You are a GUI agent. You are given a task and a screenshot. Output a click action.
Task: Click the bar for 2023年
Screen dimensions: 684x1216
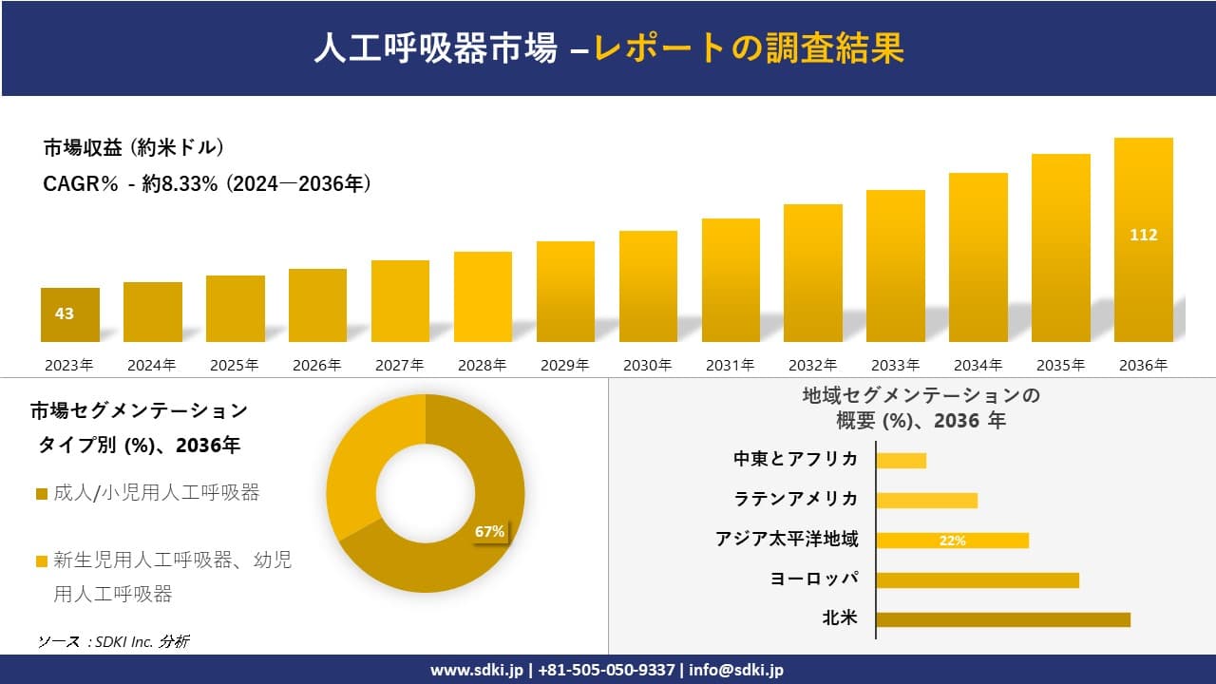[x=69, y=314]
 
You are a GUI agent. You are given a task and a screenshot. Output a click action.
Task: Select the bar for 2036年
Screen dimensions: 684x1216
[x=1143, y=239]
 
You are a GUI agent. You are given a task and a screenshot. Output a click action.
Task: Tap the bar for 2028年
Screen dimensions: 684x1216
[x=483, y=296]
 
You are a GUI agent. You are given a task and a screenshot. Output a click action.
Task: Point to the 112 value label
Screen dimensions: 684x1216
[x=1143, y=235]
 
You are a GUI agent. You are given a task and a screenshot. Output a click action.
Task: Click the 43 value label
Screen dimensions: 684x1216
[x=65, y=313]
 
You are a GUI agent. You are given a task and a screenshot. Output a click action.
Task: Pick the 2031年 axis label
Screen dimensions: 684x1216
[x=730, y=365]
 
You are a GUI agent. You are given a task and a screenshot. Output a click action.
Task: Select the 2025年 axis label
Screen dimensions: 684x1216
[x=235, y=365]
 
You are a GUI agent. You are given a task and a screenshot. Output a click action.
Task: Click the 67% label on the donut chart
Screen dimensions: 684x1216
[x=489, y=532]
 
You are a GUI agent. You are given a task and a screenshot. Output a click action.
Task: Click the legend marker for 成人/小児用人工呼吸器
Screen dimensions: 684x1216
[x=41, y=494]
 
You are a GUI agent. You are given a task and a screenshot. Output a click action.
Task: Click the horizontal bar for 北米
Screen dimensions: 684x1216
[x=1002, y=619]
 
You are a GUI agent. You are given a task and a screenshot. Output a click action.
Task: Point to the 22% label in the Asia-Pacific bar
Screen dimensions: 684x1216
[x=952, y=541]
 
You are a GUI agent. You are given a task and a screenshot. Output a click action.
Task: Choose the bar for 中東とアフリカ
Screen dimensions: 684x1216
[x=901, y=461]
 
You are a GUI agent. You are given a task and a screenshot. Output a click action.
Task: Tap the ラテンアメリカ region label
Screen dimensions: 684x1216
[x=796, y=500]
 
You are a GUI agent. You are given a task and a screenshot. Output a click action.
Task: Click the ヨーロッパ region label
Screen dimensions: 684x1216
[x=814, y=579]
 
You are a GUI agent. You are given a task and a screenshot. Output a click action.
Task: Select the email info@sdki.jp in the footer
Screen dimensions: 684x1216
[x=737, y=670]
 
